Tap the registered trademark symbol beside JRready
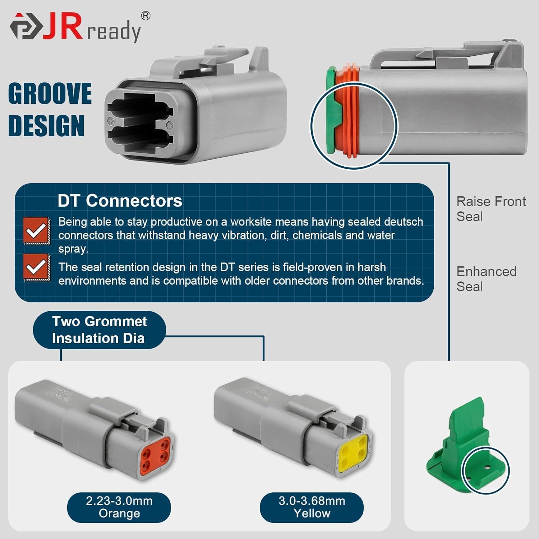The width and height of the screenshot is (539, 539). click(145, 16)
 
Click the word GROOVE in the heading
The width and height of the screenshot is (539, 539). click(50, 94)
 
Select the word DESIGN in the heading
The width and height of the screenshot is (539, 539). click(46, 126)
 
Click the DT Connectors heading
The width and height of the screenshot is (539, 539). click(120, 201)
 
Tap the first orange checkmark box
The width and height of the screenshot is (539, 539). click(36, 230)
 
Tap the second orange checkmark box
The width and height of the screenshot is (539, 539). click(36, 267)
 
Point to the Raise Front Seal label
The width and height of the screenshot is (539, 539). click(491, 209)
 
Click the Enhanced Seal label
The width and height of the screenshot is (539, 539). click(486, 279)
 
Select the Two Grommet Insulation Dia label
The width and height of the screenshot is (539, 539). click(99, 330)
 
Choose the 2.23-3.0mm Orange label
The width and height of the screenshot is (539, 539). click(119, 507)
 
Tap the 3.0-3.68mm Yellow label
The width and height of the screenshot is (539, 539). click(312, 507)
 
